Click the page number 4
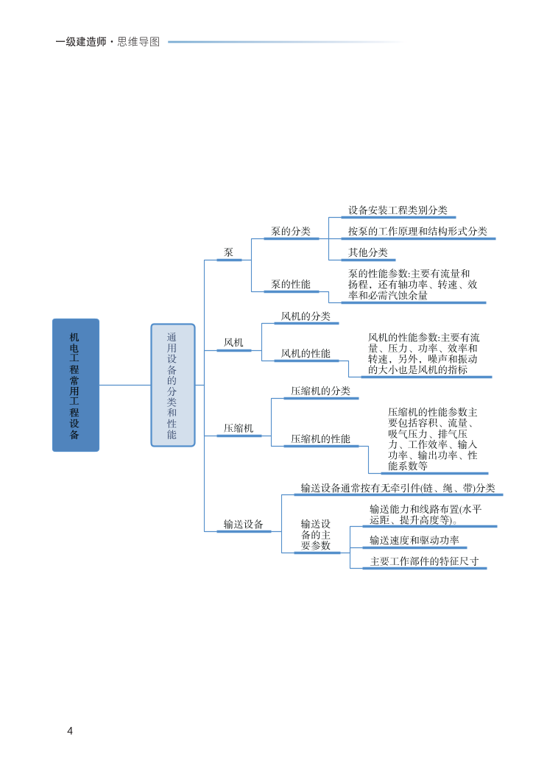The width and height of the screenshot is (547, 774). coord(70,731)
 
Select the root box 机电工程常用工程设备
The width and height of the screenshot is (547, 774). coord(75,385)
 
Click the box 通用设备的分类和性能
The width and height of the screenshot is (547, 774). coord(172,385)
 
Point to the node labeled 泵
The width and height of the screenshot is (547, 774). coord(229,252)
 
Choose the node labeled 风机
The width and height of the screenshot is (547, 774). coord(233,342)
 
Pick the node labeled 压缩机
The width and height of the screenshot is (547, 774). coord(239,427)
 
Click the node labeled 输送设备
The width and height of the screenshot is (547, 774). coord(244,525)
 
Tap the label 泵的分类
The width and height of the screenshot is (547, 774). coord(291,231)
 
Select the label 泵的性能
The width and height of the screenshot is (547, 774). coord(291,284)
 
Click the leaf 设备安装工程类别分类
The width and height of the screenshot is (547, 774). coord(398,210)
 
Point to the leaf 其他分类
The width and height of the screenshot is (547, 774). coord(368,252)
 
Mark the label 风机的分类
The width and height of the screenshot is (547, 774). coord(306,316)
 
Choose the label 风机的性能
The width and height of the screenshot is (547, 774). coord(306,354)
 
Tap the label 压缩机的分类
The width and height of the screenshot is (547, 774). coord(320,391)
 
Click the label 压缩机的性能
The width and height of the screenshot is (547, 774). coord(320,439)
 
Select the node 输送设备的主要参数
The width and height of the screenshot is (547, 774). coord(316,535)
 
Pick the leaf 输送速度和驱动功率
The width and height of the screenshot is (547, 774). coord(414,541)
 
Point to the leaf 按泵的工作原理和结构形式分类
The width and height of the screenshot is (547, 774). coord(417,231)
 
